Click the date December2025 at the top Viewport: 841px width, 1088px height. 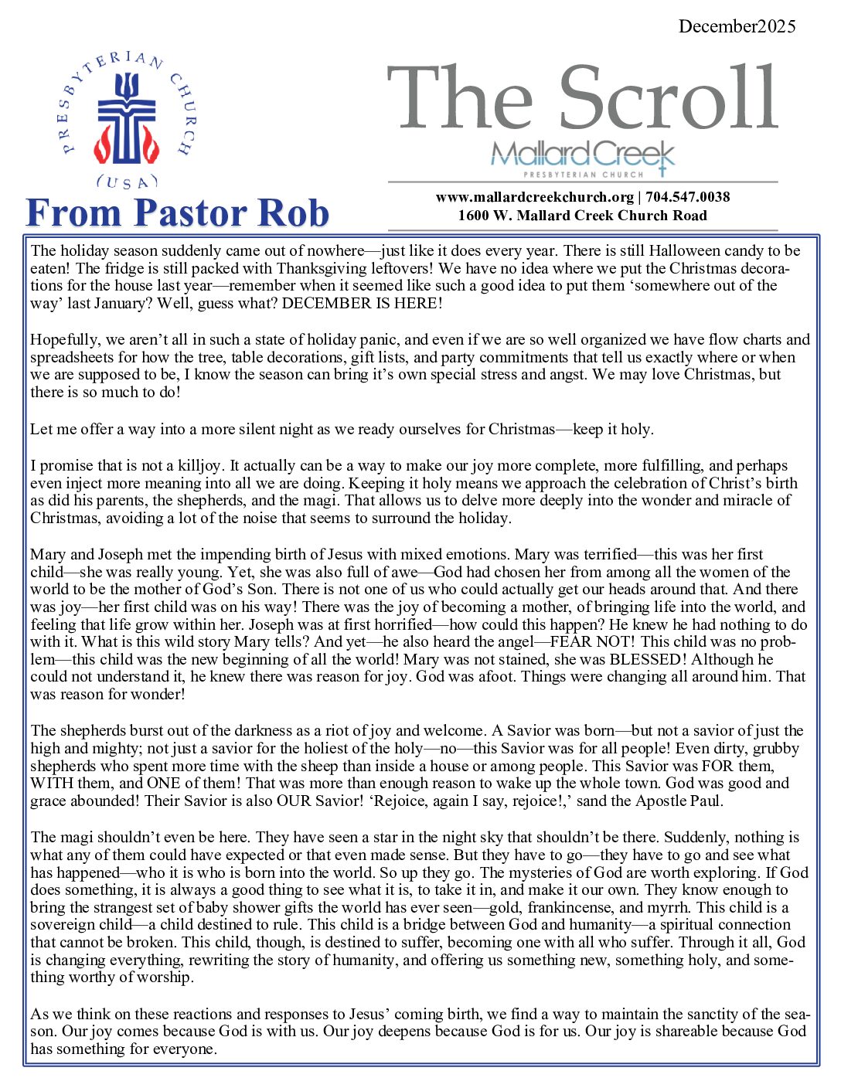point(737,26)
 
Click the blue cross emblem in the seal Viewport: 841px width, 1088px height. point(126,117)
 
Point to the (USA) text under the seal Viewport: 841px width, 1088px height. point(126,182)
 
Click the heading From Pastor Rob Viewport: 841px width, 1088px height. point(178,213)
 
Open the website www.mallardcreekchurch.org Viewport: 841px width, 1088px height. point(534,197)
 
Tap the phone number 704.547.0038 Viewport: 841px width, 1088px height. point(688,197)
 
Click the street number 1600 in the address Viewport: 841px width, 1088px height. point(473,216)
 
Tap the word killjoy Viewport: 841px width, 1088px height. point(193,465)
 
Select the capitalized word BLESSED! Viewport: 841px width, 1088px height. point(648,659)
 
